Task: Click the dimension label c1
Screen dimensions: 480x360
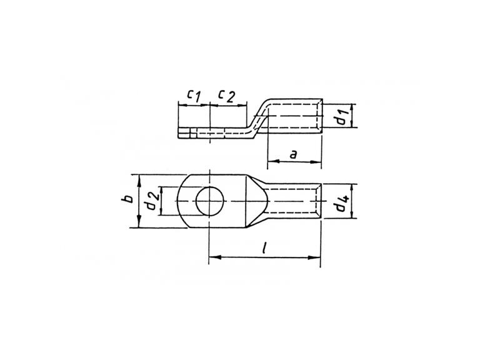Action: tap(194, 95)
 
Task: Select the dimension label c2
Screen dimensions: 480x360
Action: tap(226, 96)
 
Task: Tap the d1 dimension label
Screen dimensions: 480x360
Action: tap(342, 116)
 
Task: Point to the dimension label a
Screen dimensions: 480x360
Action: tap(294, 154)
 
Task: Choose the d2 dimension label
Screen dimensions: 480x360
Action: tap(152, 201)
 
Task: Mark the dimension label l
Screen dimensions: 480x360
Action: tap(264, 247)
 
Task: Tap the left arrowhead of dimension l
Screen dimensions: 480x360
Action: tap(214, 257)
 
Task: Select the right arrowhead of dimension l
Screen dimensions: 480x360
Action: tap(314, 257)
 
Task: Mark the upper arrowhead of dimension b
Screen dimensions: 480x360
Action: tap(139, 181)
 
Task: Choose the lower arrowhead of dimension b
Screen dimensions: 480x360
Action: tap(139, 222)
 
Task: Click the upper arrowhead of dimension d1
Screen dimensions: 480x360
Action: tap(352, 109)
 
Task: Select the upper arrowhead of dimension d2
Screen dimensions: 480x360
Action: tap(162, 192)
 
